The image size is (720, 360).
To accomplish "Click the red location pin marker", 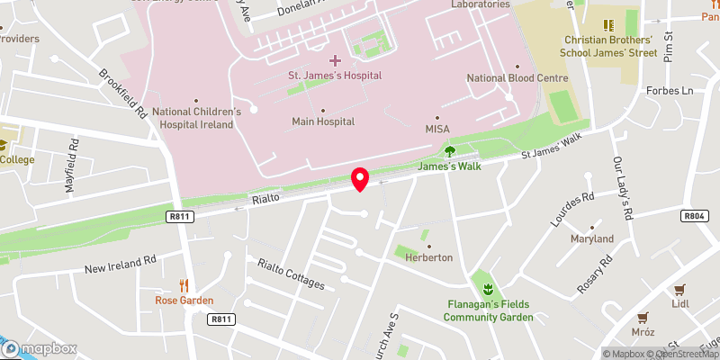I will tap(360, 178).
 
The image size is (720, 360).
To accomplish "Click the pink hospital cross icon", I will tap(335, 60).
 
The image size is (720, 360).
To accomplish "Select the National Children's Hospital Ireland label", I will tap(196, 118).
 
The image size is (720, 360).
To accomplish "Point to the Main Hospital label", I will tap(323, 121).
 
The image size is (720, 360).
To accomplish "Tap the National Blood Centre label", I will tap(517, 78).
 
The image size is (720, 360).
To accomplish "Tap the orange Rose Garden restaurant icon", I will tap(184, 285).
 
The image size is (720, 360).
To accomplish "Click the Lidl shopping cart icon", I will tap(679, 289).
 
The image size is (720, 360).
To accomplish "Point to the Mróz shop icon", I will tap(643, 317).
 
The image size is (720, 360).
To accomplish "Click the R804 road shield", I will tap(693, 216).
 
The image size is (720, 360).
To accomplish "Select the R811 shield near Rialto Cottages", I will tap(220, 319).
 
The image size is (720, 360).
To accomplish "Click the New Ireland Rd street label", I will tap(121, 263).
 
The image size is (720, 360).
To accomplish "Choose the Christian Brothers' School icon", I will tap(607, 25).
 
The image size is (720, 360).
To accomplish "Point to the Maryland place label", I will tap(591, 239).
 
